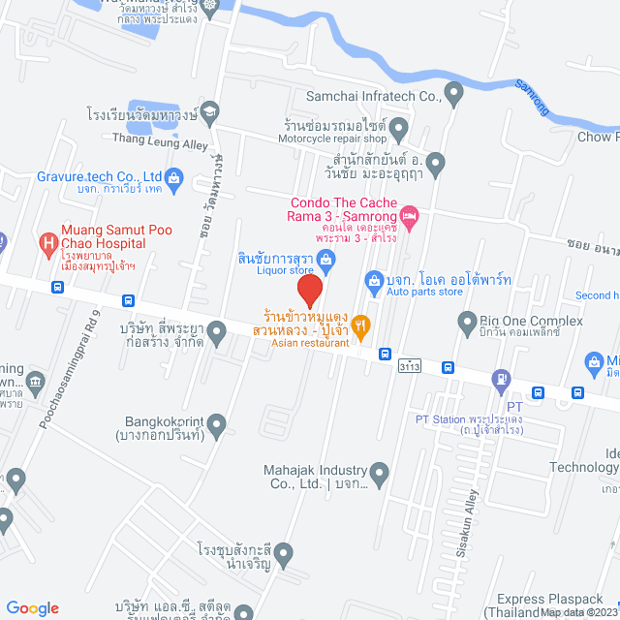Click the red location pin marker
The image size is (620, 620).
pyautogui.click(x=309, y=292)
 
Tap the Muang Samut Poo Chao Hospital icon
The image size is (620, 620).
pyautogui.click(x=45, y=241)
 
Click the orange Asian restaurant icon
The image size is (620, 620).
pyautogui.click(x=361, y=326)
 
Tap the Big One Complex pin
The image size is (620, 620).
pyautogui.click(x=468, y=321)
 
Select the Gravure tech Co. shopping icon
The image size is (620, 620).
pyautogui.click(x=174, y=177)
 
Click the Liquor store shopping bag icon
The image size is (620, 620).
pyautogui.click(x=327, y=259)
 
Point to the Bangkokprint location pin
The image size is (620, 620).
pyautogui.click(x=216, y=423)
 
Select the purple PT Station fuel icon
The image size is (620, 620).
pyautogui.click(x=501, y=379)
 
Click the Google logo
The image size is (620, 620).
pyautogui.click(x=32, y=607)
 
